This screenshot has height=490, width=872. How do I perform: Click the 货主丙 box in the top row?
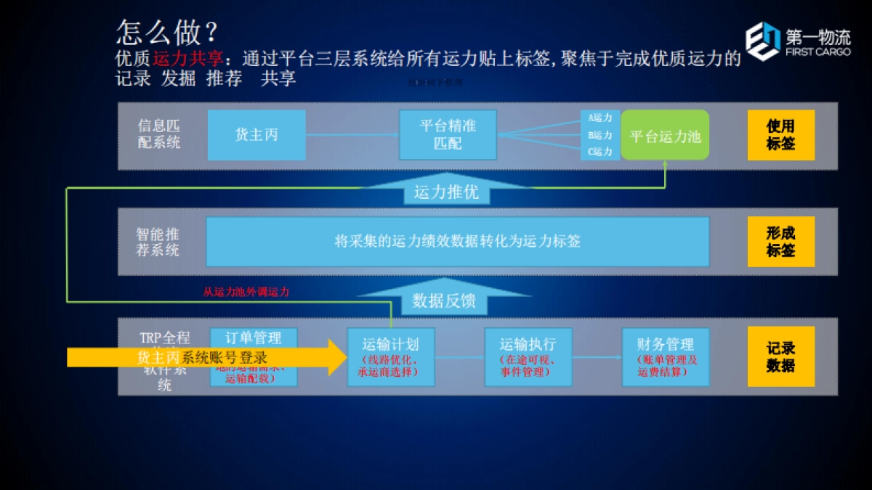point(257,135)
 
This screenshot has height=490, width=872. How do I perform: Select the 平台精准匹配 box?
point(448,135)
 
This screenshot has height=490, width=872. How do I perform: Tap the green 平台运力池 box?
point(665,136)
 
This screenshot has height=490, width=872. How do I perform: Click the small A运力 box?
point(600,118)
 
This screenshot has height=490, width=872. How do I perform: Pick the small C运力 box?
point(600,152)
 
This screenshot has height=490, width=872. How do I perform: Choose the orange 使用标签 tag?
point(781,135)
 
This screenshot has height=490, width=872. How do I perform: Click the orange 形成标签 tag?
point(781,242)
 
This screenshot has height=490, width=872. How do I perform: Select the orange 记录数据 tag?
point(781,356)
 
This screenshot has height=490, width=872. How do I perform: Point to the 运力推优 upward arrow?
point(446,192)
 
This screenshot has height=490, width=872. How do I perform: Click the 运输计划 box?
point(391,357)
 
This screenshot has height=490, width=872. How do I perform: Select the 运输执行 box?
point(528,357)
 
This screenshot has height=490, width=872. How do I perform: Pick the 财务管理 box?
point(666,357)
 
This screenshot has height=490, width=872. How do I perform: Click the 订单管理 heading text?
point(254,338)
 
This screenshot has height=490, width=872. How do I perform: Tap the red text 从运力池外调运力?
point(246,292)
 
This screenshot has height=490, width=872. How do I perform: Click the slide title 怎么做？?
point(167,32)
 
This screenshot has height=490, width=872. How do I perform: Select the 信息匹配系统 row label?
point(159,134)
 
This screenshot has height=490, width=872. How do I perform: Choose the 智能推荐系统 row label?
point(158,242)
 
